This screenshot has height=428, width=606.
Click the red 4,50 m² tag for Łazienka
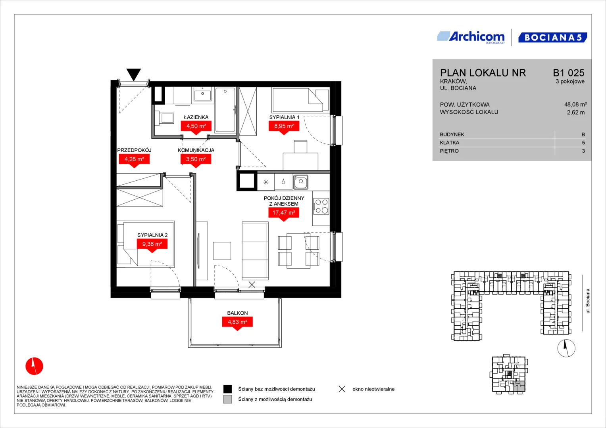tap(196, 126)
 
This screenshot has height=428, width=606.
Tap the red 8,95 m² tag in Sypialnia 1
tap(284, 126)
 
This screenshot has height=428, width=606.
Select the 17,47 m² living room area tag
tap(283, 213)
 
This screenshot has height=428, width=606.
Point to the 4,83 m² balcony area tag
tap(237, 322)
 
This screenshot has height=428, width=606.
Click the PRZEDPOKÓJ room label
tap(134, 150)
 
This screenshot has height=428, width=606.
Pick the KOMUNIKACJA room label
tap(196, 150)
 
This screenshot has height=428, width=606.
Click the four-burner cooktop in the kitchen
tap(321, 206)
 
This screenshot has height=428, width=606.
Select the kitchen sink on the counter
tap(300, 182)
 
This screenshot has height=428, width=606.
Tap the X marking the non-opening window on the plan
tap(252, 285)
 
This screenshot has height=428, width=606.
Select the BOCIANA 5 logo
tap(553, 38)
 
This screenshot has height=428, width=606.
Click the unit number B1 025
tap(568, 73)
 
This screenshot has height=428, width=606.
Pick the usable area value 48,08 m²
tap(575, 105)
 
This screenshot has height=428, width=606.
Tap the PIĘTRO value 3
tap(583, 151)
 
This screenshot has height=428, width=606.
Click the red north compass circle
tap(35, 366)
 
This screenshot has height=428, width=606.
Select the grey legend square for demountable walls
tap(227, 399)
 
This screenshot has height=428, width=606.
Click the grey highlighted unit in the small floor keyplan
tap(519, 387)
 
